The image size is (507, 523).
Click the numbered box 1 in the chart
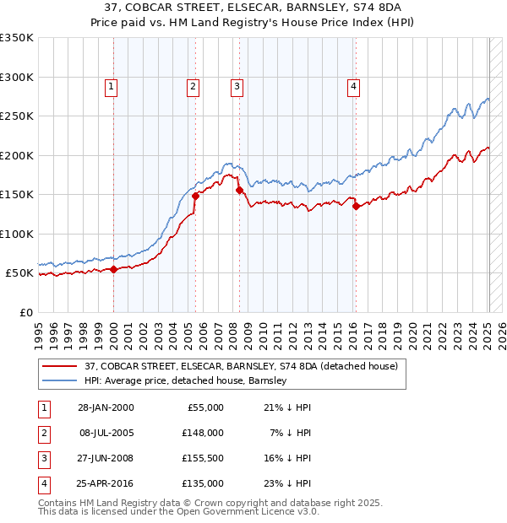[112, 85]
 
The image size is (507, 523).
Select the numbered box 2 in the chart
[194, 85]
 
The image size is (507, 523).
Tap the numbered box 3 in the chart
[237, 85]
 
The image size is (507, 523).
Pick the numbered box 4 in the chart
[353, 85]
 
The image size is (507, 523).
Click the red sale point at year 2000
[114, 269]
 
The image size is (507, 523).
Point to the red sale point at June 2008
[239, 191]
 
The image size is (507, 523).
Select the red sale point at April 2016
[356, 207]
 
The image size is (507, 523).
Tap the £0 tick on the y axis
[25, 312]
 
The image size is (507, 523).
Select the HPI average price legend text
[186, 380]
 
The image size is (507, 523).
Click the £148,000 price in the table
[203, 432]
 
